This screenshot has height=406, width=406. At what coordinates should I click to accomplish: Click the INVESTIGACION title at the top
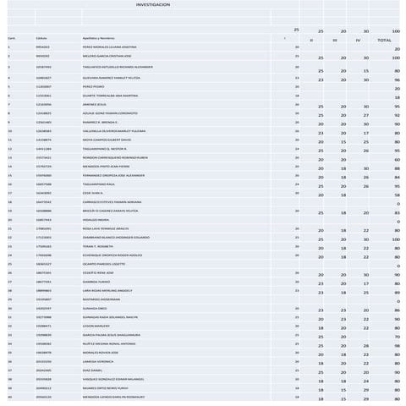[152, 5]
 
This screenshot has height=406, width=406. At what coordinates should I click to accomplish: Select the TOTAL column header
[384, 40]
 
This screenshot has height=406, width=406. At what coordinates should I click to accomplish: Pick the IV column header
[358, 40]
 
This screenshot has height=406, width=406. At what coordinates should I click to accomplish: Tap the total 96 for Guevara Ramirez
[397, 80]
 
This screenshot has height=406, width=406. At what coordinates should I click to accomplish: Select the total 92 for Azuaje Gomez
[397, 115]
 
